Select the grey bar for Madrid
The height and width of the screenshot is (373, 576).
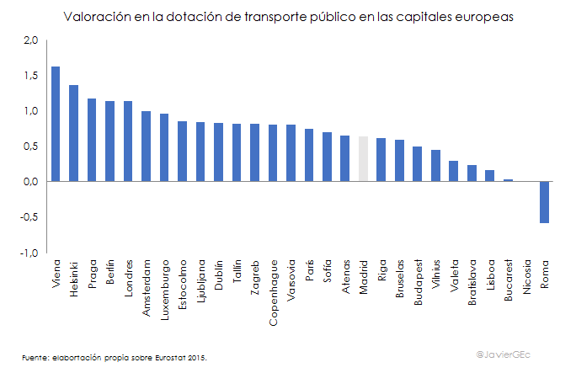[x=364, y=159]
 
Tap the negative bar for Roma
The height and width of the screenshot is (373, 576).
[x=545, y=202]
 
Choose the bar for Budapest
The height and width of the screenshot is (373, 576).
[x=418, y=164]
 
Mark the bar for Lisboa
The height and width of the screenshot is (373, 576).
[x=490, y=176]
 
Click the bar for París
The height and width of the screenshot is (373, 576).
[x=309, y=155]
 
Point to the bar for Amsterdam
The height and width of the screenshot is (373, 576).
[x=146, y=147]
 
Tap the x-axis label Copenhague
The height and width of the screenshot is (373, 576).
[x=273, y=286]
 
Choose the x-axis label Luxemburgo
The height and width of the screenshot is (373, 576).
[x=164, y=286]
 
